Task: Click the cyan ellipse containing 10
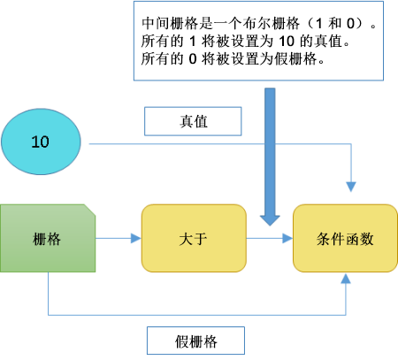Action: (41, 142)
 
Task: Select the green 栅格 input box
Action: (48, 238)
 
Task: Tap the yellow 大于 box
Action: (193, 238)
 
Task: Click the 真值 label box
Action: (191, 121)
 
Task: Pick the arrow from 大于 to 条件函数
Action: (269, 238)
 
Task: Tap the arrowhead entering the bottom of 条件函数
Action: (346, 280)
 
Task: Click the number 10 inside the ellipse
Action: (41, 142)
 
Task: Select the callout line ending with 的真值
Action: (234, 42)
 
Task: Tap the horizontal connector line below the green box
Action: (195, 313)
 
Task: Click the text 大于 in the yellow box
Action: (193, 238)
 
